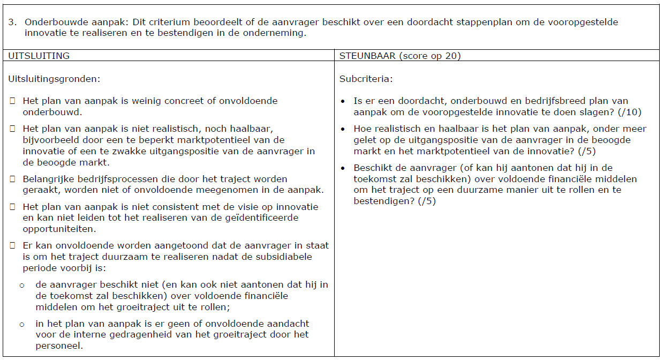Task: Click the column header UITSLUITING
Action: (39, 56)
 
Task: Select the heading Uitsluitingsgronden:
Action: (54, 79)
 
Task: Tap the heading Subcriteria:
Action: (366, 79)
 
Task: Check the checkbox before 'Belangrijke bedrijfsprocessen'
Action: (13, 179)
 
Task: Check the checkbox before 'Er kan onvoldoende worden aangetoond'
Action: (13, 245)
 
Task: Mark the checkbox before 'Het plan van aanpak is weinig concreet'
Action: (13, 101)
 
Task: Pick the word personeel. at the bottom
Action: (59, 346)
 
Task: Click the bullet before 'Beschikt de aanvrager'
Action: (343, 168)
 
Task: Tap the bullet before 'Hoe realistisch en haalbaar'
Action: (343, 129)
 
